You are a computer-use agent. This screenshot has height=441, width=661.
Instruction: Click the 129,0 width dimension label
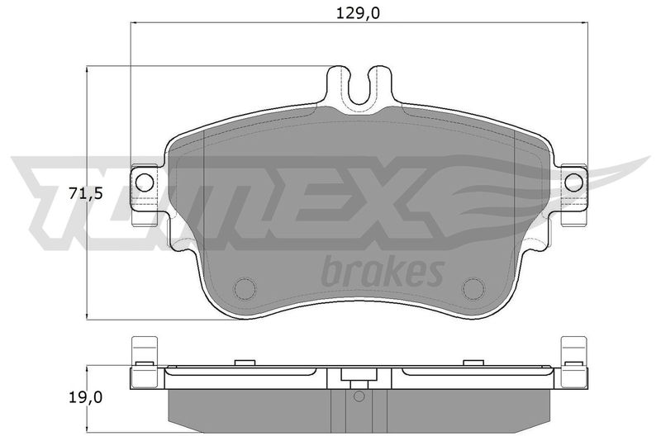(358, 13)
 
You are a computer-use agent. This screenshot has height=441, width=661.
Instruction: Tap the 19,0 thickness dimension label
(86, 397)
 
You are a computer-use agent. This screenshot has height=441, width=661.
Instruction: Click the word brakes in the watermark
(383, 271)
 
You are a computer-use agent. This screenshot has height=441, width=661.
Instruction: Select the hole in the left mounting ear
(144, 182)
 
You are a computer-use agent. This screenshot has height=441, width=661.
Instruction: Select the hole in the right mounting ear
(573, 182)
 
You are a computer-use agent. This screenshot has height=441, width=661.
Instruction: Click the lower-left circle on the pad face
(245, 289)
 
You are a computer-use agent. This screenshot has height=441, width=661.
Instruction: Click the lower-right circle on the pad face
(473, 289)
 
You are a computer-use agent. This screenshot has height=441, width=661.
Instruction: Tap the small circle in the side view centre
(359, 396)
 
